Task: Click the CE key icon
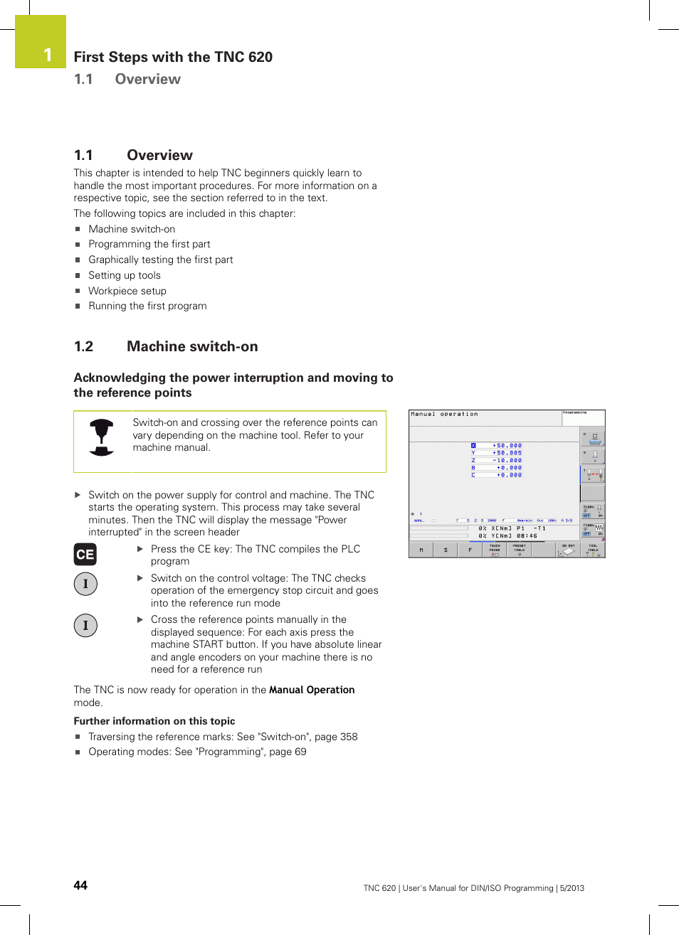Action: tap(85, 555)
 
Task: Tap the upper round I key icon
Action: tap(85, 584)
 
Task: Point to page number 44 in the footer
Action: tap(80, 885)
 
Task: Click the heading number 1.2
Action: tap(83, 347)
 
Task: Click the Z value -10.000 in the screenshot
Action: tap(508, 461)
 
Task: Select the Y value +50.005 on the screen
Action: tap(508, 453)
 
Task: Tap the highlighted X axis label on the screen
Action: tap(473, 446)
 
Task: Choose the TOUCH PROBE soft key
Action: tap(495, 550)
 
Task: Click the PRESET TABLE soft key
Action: tap(520, 550)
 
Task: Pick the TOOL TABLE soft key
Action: tap(593, 550)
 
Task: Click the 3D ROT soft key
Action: tap(568, 550)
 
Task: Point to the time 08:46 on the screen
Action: tap(527, 536)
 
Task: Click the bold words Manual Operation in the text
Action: tap(312, 690)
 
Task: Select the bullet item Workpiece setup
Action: tap(127, 291)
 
